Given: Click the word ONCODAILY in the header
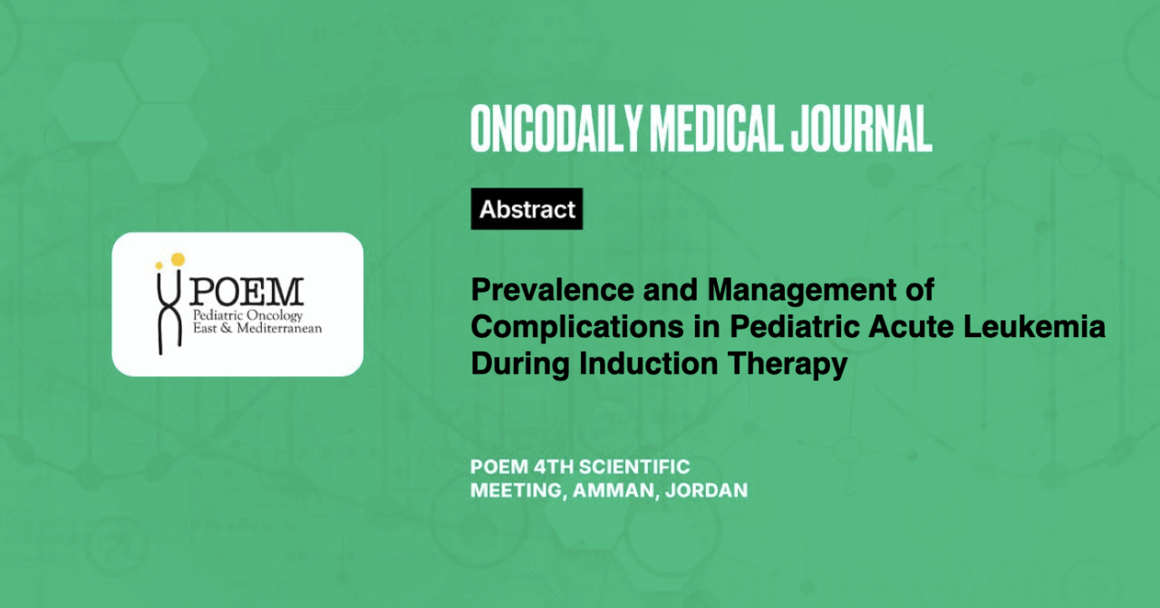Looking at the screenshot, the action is [556, 129].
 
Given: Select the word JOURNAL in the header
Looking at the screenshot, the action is [861, 129].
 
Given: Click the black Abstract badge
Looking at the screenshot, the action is [527, 208].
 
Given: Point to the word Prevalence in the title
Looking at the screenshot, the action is [553, 289].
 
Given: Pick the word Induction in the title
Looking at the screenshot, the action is [648, 363].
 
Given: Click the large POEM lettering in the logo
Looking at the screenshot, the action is [246, 292].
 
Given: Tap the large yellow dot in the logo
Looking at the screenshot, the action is [178, 259].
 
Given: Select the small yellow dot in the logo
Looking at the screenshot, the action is [159, 265].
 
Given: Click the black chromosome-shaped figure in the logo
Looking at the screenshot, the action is [169, 311].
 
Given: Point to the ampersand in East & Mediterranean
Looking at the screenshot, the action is [227, 328].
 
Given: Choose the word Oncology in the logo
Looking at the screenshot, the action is [274, 316].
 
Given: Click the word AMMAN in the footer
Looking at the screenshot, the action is [611, 490].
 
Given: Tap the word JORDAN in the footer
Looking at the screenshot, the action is [706, 490].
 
